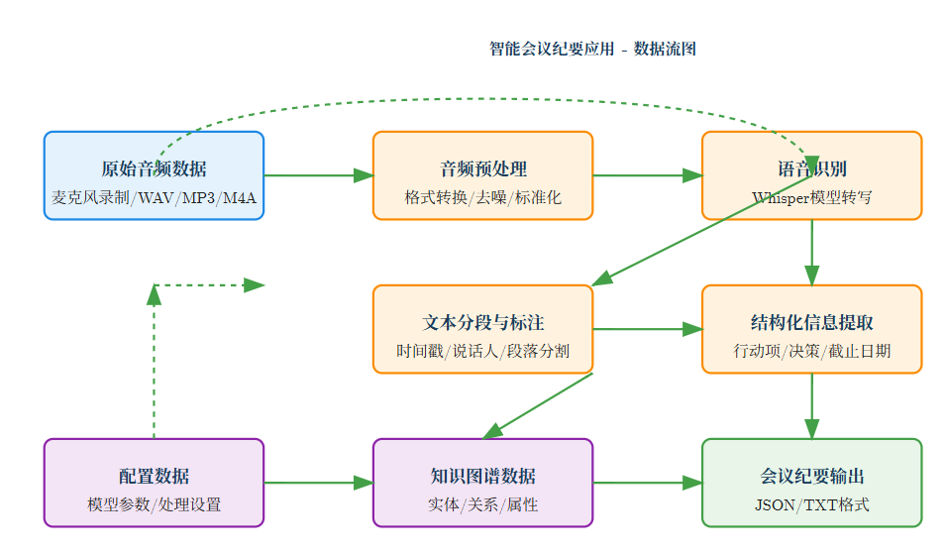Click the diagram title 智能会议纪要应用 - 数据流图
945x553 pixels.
592,49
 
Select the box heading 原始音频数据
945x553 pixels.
154,168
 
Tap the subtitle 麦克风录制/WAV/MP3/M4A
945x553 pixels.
154,197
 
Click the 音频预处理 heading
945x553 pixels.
482,168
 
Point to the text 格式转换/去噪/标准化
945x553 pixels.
482,197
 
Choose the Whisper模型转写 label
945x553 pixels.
811,197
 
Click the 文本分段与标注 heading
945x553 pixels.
482,322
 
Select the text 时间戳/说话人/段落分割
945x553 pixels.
482,351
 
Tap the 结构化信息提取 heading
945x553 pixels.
811,322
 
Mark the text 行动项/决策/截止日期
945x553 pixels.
811,351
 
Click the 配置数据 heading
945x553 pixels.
154,476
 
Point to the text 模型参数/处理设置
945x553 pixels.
154,504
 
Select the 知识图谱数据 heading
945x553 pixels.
482,476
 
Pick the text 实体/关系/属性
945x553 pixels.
482,504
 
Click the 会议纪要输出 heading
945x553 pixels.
811,476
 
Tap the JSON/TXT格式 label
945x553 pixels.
811,504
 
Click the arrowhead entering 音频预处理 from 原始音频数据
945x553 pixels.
364,175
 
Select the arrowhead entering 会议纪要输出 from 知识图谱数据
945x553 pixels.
692,483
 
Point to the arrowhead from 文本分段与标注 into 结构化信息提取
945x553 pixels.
692,329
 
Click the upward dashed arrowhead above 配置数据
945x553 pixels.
154,294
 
